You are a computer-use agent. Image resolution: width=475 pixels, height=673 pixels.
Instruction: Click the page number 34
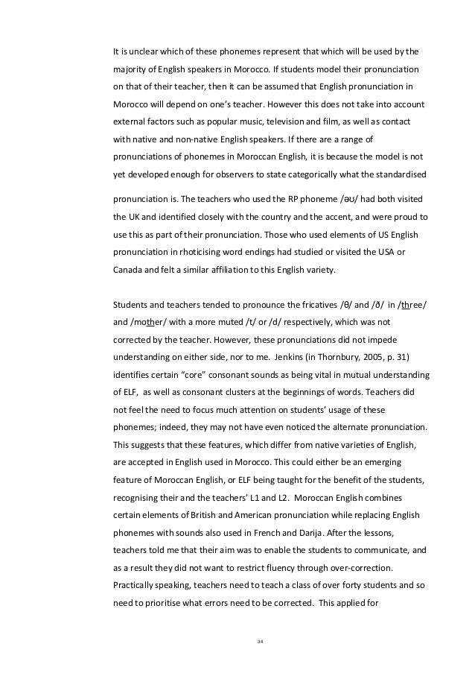(x=260, y=639)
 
